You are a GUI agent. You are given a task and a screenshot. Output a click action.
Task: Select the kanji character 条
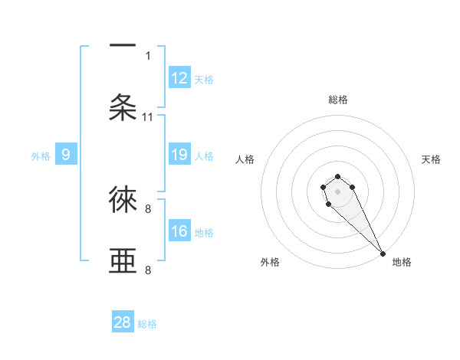[123, 107]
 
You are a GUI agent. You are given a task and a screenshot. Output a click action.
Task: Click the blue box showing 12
[179, 78]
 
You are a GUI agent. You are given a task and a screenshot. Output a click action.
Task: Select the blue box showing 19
[179, 155]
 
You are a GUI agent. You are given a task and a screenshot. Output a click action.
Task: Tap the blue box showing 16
[179, 231]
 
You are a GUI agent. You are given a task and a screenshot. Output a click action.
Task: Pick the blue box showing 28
[123, 322]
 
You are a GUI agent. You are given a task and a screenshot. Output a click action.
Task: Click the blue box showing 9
[66, 155]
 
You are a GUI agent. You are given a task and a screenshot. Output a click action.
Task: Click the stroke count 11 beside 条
[148, 117]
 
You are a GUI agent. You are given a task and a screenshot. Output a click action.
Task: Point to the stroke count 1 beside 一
[148, 55]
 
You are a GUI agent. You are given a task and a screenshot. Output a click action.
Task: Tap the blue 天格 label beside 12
[204, 80]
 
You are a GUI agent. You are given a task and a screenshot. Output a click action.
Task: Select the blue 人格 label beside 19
[204, 156]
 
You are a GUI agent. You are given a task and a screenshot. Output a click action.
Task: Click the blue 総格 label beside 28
[147, 324]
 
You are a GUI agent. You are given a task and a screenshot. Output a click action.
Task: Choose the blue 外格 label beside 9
[41, 156]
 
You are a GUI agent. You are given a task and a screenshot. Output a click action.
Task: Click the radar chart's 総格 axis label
[338, 100]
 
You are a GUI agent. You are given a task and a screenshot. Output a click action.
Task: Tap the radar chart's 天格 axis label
[432, 159]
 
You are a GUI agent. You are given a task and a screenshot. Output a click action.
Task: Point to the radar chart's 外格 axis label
[270, 262]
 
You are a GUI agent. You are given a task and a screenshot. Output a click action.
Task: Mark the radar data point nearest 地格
[383, 254]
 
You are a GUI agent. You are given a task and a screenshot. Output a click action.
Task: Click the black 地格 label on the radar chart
[402, 262]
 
